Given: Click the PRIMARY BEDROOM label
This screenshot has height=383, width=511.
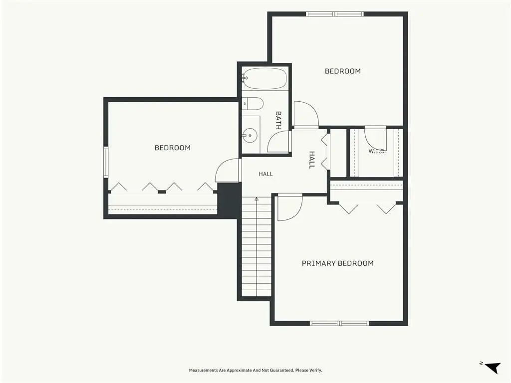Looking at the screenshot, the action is [x=338, y=263].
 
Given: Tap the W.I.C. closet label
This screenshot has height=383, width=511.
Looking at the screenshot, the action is [x=377, y=151].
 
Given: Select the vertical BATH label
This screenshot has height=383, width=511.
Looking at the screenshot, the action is [x=278, y=120].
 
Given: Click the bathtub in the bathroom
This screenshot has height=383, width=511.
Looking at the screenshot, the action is [x=264, y=78].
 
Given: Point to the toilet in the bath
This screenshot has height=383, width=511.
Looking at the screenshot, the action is [x=253, y=104].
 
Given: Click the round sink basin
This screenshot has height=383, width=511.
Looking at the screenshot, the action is [x=250, y=135].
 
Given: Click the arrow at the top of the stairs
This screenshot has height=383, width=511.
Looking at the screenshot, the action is [x=256, y=199].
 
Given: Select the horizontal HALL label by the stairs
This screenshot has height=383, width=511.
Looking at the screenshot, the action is [x=266, y=174].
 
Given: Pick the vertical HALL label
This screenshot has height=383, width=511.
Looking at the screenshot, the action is [x=312, y=160].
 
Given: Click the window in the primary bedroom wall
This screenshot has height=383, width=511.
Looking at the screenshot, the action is [x=339, y=323].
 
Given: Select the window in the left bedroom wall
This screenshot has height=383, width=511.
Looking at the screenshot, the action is [x=106, y=162].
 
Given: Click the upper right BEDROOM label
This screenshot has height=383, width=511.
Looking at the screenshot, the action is [x=343, y=71].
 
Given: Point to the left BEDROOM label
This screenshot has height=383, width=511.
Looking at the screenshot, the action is [x=172, y=148].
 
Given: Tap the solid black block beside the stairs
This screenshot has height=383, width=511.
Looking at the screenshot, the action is [x=229, y=200].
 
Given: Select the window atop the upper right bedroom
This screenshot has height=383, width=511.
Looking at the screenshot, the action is [x=335, y=14].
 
